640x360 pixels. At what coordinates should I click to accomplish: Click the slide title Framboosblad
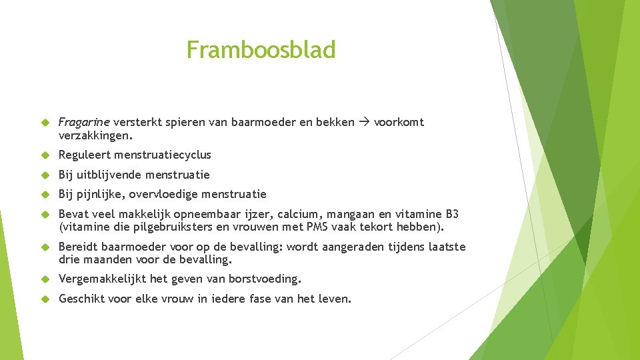(x=261, y=50)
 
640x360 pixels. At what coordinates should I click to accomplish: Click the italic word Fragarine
(x=84, y=122)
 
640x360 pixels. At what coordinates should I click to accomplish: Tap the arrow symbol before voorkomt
(x=363, y=122)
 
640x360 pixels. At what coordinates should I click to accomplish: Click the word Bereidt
(x=79, y=247)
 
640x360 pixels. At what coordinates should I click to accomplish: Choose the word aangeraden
(x=353, y=247)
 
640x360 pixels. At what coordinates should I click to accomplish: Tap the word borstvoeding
(x=264, y=279)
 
